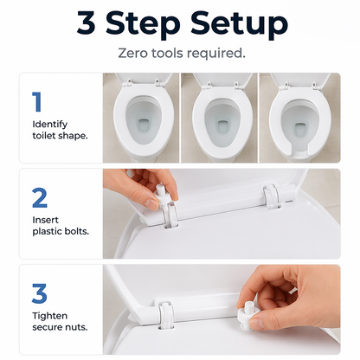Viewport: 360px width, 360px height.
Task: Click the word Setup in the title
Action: (x=239, y=24)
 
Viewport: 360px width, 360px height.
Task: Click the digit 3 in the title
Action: (x=86, y=22)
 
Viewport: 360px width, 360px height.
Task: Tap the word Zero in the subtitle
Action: (x=132, y=53)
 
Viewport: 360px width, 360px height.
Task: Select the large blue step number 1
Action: (x=37, y=101)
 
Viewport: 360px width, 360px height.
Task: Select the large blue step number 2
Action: (x=40, y=197)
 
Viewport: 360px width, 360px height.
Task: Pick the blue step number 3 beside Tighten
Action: (x=39, y=293)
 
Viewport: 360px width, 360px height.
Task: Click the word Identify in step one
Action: (x=50, y=125)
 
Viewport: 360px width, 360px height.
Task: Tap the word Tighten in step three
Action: (x=50, y=316)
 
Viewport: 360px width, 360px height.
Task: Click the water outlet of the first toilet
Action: (x=143, y=124)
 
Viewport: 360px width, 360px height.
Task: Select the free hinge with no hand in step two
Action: (x=271, y=196)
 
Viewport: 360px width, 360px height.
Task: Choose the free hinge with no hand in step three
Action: (x=165, y=315)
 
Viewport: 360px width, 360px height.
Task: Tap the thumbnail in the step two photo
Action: (x=152, y=204)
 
